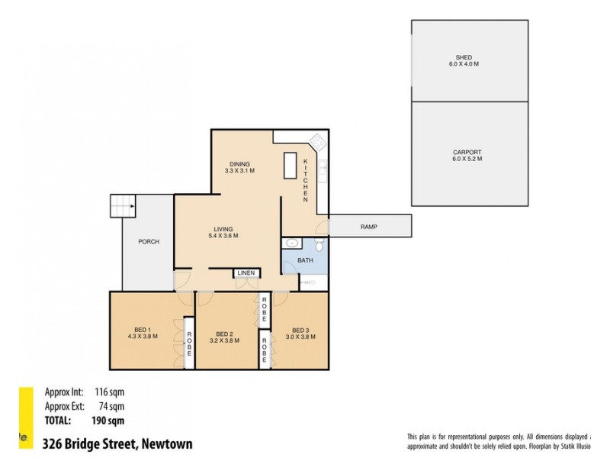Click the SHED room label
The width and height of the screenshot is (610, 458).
(464, 57)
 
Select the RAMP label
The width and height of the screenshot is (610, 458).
(370, 227)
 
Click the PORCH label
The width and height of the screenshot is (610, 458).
(149, 242)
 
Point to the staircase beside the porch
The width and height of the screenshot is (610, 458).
(122, 205)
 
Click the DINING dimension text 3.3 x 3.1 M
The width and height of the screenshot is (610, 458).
(239, 171)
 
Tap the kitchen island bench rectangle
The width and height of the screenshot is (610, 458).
(290, 166)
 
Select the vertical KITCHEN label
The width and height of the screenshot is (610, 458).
(305, 180)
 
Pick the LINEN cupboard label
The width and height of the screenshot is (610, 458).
(246, 273)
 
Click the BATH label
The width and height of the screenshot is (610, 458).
(305, 260)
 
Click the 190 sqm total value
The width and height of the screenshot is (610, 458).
(108, 420)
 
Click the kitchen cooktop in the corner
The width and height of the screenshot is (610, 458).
(317, 142)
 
